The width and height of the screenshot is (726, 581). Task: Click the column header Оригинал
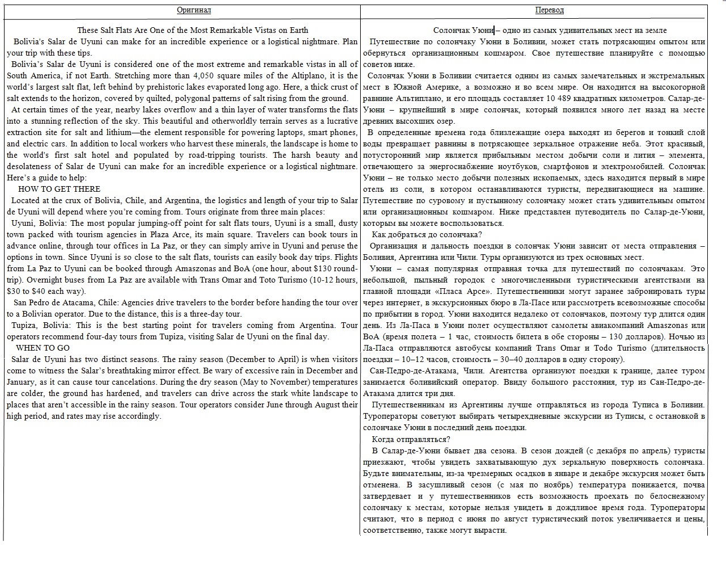193,10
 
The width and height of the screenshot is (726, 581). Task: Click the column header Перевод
549,10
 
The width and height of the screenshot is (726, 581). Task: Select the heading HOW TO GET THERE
59,189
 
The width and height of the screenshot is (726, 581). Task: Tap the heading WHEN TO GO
43,348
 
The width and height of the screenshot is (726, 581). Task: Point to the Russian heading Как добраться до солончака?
427,234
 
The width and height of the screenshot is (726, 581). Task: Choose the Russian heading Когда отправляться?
411,439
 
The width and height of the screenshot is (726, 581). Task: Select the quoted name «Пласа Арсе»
458,291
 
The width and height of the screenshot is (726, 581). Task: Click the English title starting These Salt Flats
193,30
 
